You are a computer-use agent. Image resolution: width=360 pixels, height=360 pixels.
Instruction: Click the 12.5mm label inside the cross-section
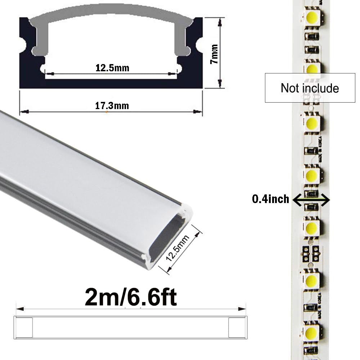click(x=112, y=67)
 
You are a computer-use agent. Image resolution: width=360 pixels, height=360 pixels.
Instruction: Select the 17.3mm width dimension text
click(x=112, y=106)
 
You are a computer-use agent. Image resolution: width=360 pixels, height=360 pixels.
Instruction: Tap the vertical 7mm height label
click(x=214, y=54)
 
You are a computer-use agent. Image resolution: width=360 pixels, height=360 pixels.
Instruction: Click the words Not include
click(x=310, y=88)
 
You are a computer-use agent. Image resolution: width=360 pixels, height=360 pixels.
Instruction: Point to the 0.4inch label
click(x=271, y=199)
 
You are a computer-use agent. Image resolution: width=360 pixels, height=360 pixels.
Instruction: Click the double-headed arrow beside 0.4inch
click(x=311, y=199)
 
